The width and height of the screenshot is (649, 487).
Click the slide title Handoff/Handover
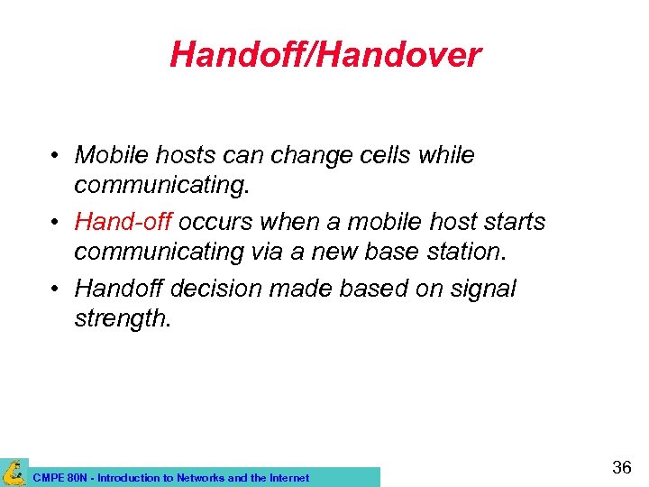tap(324, 55)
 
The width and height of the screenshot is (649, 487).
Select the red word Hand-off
tap(123, 222)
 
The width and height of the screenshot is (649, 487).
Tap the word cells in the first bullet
tap(389, 155)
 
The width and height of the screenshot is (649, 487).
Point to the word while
tap(449, 155)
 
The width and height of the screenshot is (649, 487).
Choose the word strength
tap(122, 318)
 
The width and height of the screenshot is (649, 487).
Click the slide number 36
tap(621, 467)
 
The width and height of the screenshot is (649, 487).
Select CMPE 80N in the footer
tap(59, 478)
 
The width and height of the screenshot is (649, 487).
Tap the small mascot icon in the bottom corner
tap(14, 472)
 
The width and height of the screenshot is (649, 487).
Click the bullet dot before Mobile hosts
tap(56, 156)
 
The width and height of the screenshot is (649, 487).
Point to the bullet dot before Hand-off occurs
tap(56, 223)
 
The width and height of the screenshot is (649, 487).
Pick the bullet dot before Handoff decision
tap(56, 289)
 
